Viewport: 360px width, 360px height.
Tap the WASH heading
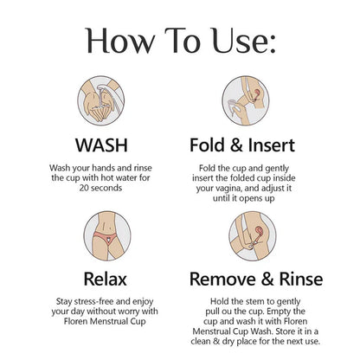pyautogui.click(x=101, y=145)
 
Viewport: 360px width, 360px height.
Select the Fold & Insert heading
pyautogui.click(x=242, y=145)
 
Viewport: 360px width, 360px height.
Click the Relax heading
pyautogui.click(x=106, y=279)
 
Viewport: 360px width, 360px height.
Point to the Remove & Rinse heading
pyautogui.click(x=256, y=279)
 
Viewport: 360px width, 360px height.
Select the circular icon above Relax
pyautogui.click(x=107, y=235)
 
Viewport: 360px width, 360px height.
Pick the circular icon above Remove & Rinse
pyautogui.click(x=253, y=235)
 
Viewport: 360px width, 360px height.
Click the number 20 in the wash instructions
pyautogui.click(x=84, y=188)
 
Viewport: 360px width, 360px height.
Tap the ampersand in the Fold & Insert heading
pyautogui.click(x=236, y=145)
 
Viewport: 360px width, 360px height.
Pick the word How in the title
pyautogui.click(x=120, y=41)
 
